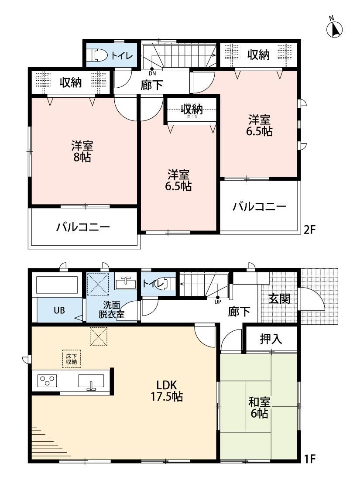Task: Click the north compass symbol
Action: [x=334, y=28]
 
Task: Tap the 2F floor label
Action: [x=309, y=230]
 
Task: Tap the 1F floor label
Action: [x=309, y=459]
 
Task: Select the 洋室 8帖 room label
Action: [x=82, y=151]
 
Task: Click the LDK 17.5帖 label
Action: [x=167, y=391]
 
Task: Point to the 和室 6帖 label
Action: [x=259, y=408]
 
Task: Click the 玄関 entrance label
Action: [x=279, y=299]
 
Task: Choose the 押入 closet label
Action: [x=271, y=339]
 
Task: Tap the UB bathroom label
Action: [x=59, y=310]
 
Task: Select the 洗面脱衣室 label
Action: [x=111, y=310]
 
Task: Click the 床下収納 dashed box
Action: [x=72, y=359]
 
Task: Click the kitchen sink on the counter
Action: [x=91, y=382]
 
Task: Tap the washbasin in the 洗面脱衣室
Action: [x=126, y=283]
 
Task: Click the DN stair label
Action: [x=152, y=74]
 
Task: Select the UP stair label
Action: [x=218, y=302]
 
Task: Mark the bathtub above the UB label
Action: [x=57, y=284]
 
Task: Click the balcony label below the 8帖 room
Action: [x=83, y=227]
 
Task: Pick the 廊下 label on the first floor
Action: [x=239, y=312]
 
